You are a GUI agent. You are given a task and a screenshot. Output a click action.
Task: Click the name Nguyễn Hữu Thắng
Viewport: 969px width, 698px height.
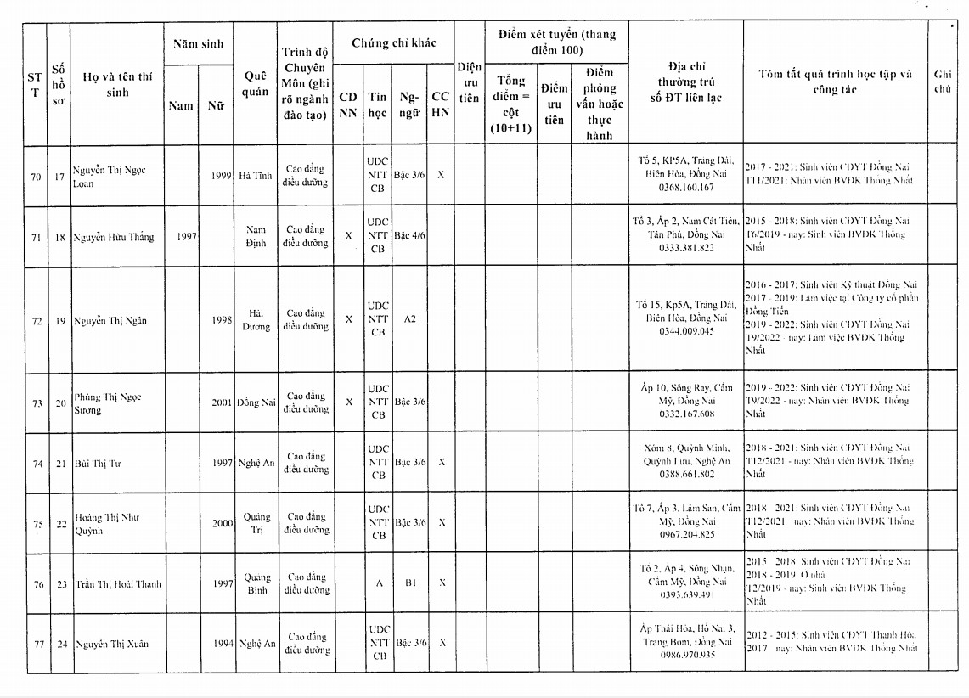click(113, 237)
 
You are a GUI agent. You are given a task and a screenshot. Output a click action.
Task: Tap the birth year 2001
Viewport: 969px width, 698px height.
click(222, 402)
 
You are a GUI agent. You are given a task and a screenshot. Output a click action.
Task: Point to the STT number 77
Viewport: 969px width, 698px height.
click(36, 644)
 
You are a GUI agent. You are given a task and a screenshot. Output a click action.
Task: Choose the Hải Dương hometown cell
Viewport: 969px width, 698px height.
click(255, 319)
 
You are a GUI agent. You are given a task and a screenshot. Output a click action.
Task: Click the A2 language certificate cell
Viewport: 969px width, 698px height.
click(410, 319)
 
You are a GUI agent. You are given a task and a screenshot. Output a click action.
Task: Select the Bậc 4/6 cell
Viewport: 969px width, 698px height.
click(410, 236)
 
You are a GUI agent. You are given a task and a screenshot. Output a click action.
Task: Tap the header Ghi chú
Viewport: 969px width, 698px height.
click(942, 82)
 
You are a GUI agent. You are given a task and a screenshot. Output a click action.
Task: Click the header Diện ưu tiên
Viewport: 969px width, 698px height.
click(469, 82)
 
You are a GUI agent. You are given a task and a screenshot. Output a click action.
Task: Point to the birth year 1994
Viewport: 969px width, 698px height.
click(223, 644)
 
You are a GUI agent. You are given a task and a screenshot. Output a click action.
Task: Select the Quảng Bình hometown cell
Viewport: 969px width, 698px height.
click(256, 583)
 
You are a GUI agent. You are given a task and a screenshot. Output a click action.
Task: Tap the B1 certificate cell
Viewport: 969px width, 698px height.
click(410, 584)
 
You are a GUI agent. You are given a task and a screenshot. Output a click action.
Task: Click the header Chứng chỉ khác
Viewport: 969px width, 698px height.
click(393, 42)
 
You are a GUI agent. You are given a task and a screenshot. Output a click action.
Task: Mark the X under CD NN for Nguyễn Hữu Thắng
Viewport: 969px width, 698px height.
click(348, 236)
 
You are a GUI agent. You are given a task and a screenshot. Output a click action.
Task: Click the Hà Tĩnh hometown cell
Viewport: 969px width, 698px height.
click(255, 176)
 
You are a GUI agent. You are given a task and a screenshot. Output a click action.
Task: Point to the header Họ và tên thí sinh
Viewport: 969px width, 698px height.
click(118, 83)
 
